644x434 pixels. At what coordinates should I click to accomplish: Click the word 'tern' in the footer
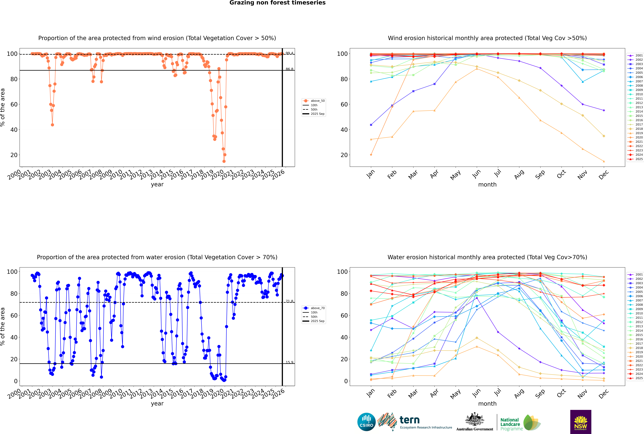pyautogui.click(x=409, y=420)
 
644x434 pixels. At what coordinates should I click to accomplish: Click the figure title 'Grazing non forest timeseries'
pyautogui.click(x=277, y=3)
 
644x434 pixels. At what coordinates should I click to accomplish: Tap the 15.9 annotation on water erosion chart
pyautogui.click(x=289, y=362)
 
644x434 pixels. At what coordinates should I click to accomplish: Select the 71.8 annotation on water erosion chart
pyautogui.click(x=289, y=301)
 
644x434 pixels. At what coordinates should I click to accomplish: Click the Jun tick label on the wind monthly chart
pyautogui.click(x=476, y=174)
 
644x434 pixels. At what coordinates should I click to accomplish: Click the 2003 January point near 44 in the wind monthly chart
pyautogui.click(x=371, y=125)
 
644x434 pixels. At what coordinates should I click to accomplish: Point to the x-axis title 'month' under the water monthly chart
pyautogui.click(x=487, y=404)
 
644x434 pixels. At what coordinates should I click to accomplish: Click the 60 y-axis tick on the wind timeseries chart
pyautogui.click(x=14, y=104)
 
